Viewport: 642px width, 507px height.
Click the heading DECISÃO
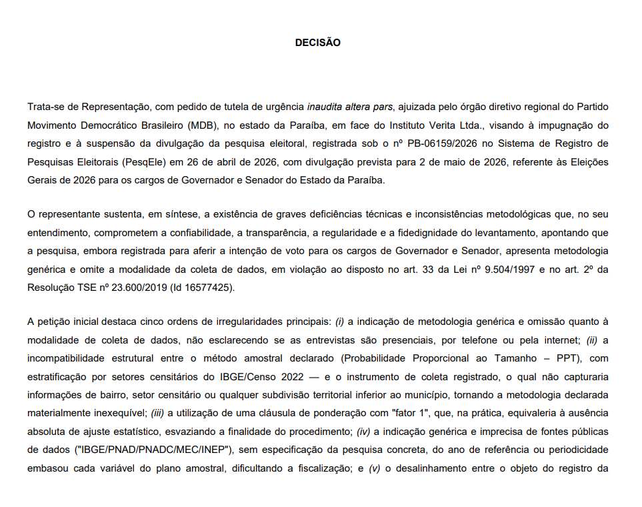click(317, 43)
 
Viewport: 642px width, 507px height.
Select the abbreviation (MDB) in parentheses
click(203, 125)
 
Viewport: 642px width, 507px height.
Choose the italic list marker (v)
click(374, 467)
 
